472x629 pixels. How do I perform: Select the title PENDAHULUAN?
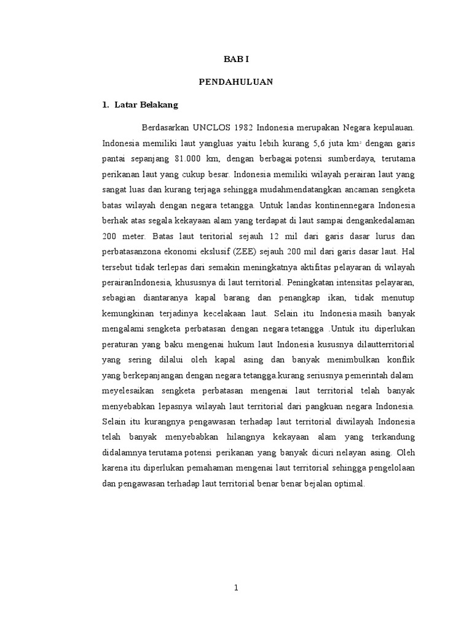coord(237,81)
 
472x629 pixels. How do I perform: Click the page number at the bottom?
coord(236,588)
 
